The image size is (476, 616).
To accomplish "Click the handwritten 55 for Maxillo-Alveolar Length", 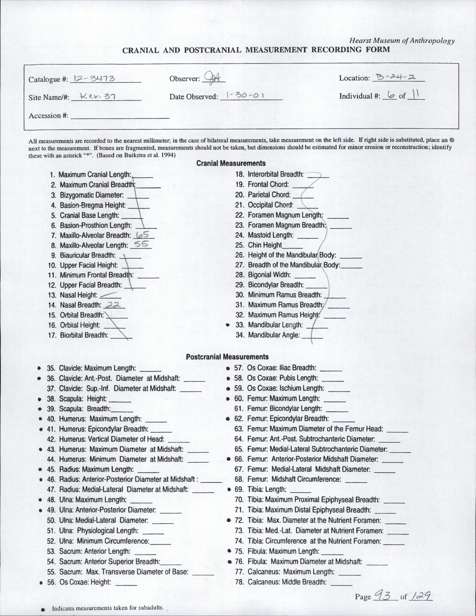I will click(x=141, y=245).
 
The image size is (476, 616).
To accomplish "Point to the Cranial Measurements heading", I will click(x=231, y=163).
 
